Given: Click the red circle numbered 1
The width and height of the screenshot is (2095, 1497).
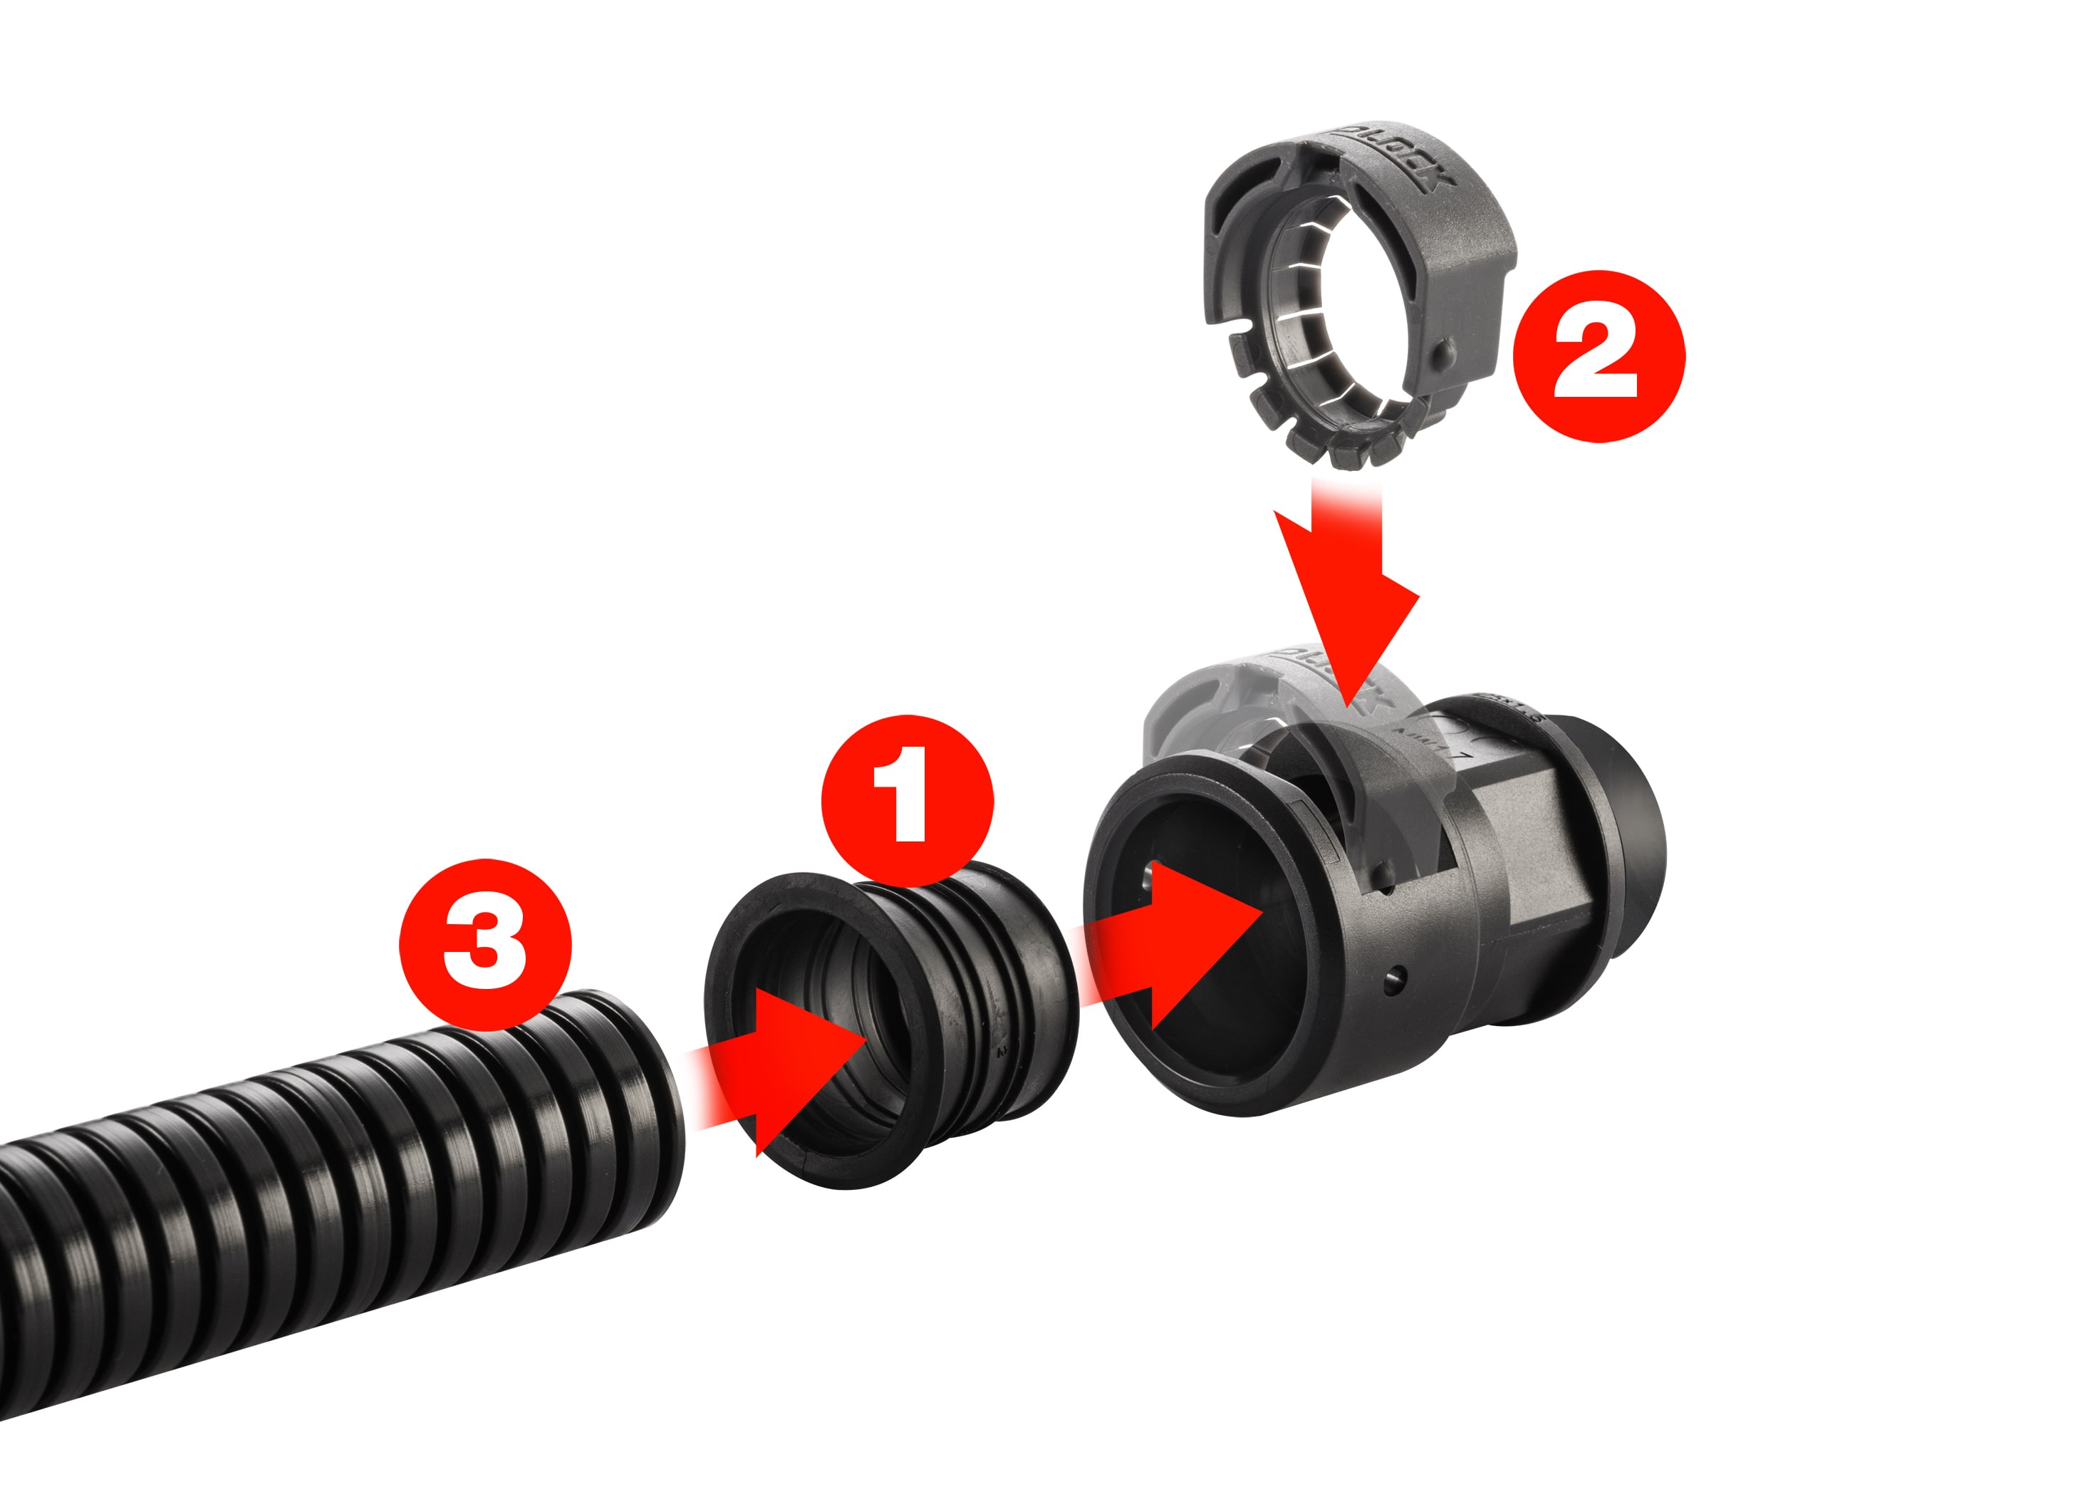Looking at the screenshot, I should pyautogui.click(x=907, y=800).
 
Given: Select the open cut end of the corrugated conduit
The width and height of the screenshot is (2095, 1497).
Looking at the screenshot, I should pyautogui.click(x=659, y=1106).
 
